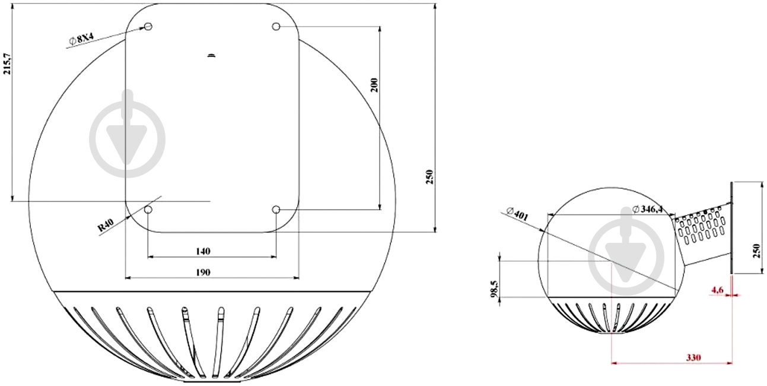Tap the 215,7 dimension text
click(7, 64)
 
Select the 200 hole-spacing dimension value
click(374, 85)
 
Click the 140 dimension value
click(203, 252)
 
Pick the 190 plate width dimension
click(203, 273)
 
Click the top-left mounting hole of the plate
click(148, 26)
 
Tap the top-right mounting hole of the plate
click(276, 26)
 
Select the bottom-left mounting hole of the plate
click(148, 210)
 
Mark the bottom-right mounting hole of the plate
click(276, 210)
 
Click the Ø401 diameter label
click(517, 214)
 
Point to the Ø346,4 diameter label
click(647, 209)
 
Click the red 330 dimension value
click(693, 357)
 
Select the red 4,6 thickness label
click(717, 290)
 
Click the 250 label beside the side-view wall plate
click(757, 251)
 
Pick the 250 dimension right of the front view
click(429, 177)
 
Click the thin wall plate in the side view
click(731, 227)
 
